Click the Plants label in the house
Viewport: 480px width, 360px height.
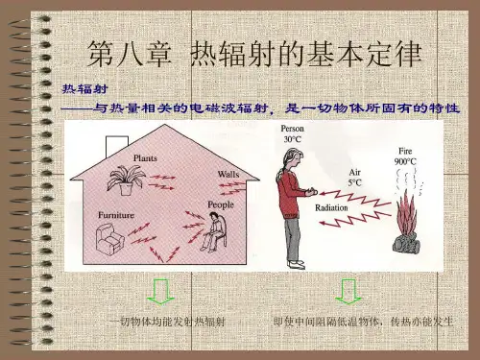[145, 158]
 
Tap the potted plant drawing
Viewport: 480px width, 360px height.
[127, 180]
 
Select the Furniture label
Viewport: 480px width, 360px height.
[116, 215]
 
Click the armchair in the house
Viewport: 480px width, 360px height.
[109, 238]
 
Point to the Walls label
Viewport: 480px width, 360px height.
[228, 175]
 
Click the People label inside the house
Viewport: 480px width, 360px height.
[221, 204]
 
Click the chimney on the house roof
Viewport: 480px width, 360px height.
[117, 146]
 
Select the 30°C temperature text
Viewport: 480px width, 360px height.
[293, 139]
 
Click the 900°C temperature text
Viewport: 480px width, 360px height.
[405, 161]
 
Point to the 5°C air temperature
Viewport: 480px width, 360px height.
[354, 182]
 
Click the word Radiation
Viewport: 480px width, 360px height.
[331, 207]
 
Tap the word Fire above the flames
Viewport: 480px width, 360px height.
[405, 151]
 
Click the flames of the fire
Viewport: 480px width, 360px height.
[407, 213]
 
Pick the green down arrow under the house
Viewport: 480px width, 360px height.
[160, 292]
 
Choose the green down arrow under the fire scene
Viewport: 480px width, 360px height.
[348, 292]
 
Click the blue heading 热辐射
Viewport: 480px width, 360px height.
[84, 89]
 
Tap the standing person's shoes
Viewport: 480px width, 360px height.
[297, 264]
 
